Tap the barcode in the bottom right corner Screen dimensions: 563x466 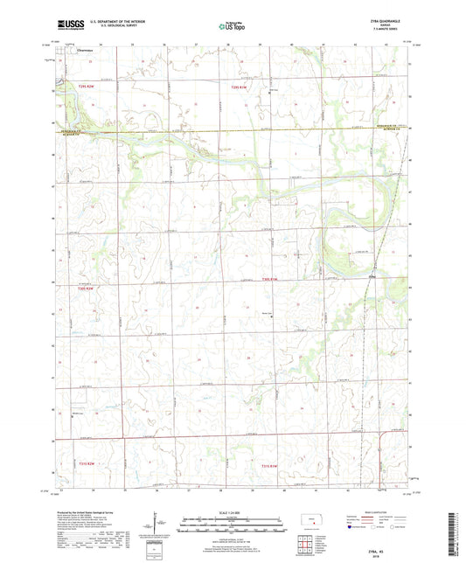[451, 534]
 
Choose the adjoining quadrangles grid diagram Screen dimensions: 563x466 [306, 544]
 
